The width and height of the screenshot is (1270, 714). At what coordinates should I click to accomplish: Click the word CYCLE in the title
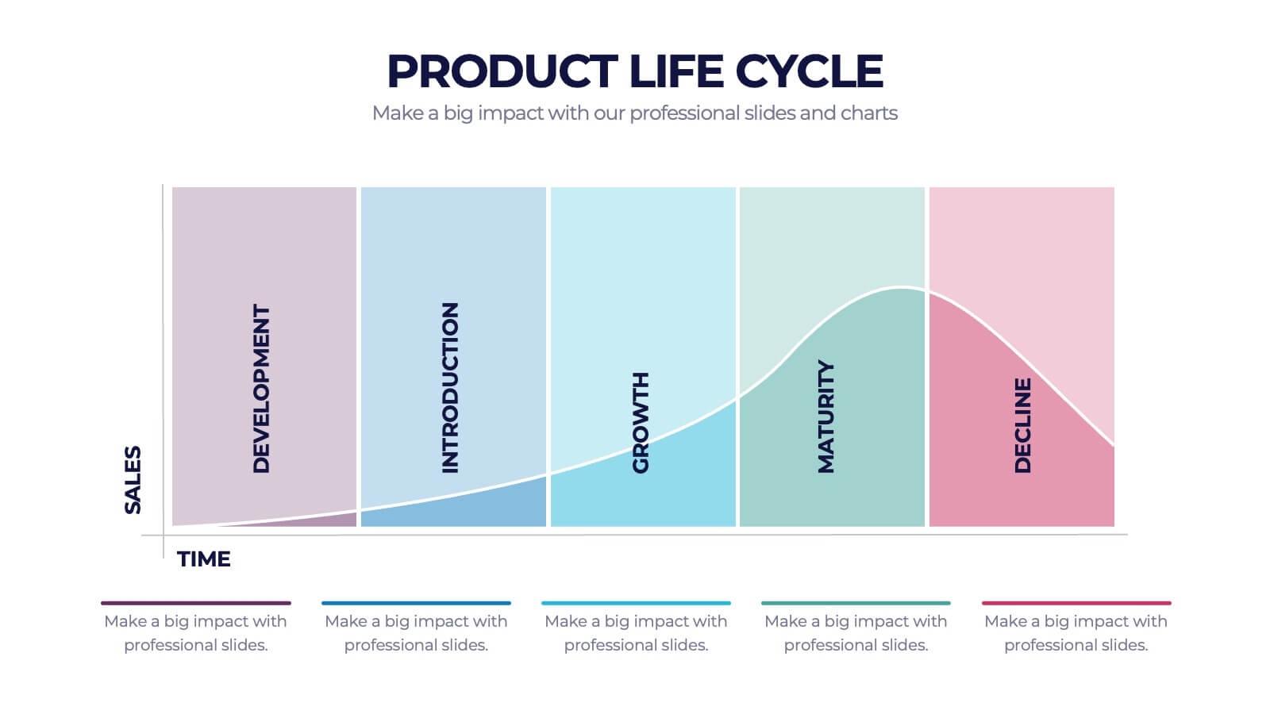(810, 71)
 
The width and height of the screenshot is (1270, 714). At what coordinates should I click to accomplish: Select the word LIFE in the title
(675, 71)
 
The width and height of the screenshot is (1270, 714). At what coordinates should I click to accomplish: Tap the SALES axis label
(133, 480)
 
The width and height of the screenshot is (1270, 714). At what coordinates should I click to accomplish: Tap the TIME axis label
(203, 559)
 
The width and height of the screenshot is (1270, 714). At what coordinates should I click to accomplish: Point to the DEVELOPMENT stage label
(261, 388)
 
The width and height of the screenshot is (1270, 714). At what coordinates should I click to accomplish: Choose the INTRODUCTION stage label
(449, 388)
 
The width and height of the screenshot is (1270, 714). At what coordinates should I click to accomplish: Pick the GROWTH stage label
(640, 423)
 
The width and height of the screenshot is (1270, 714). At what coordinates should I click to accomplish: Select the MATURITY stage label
(826, 416)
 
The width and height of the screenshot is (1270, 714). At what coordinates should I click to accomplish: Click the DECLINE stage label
(1022, 425)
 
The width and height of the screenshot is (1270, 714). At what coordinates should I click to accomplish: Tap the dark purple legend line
(195, 603)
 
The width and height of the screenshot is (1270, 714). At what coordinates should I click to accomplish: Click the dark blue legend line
(416, 603)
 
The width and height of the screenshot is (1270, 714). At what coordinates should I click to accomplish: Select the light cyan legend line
(636, 603)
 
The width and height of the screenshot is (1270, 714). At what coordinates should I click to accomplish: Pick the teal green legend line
(856, 603)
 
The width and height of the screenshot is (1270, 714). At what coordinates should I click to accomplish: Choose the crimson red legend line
(1076, 603)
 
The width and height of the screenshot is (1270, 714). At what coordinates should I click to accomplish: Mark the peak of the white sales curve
(902, 289)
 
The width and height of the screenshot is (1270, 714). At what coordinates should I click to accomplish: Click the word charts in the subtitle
(869, 113)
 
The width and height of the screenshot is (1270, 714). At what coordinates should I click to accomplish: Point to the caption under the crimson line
(1076, 633)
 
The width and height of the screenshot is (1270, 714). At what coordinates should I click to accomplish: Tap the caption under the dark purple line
(195, 633)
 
